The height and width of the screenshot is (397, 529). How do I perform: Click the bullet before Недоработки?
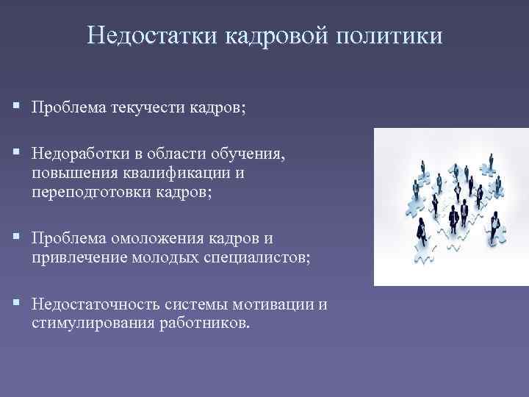point(17,154)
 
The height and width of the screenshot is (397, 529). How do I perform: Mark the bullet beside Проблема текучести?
point(17,108)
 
